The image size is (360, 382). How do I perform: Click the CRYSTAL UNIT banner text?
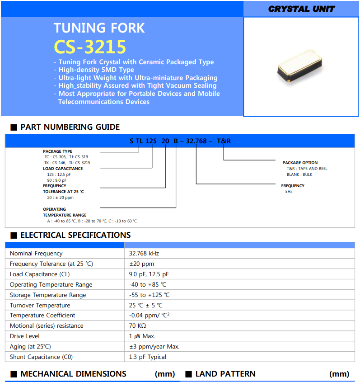tap(301, 9)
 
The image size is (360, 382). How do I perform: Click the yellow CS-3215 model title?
tap(90, 47)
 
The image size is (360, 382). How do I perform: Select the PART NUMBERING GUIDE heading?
tap(70, 127)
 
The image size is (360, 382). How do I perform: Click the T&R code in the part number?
tap(224, 141)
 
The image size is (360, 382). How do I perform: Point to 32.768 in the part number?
tap(196, 141)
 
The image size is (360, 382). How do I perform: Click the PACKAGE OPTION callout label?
tap(300, 163)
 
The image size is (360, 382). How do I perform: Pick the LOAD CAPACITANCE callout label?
tap(63, 169)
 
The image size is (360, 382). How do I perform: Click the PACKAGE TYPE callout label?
tap(57, 151)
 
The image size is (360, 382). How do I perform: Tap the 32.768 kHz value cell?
tap(144, 254)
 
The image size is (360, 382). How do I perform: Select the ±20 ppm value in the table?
tap(141, 264)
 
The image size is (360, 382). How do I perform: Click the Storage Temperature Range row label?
tap(48, 295)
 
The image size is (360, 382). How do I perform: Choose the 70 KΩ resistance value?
tap(137, 326)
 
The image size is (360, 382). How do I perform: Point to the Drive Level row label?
tap(25, 336)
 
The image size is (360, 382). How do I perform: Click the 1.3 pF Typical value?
tap(147, 357)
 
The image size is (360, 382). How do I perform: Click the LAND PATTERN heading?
tap(225, 374)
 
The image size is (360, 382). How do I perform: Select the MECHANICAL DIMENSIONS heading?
tap(73, 374)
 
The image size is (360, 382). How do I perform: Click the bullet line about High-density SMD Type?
tap(96, 70)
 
